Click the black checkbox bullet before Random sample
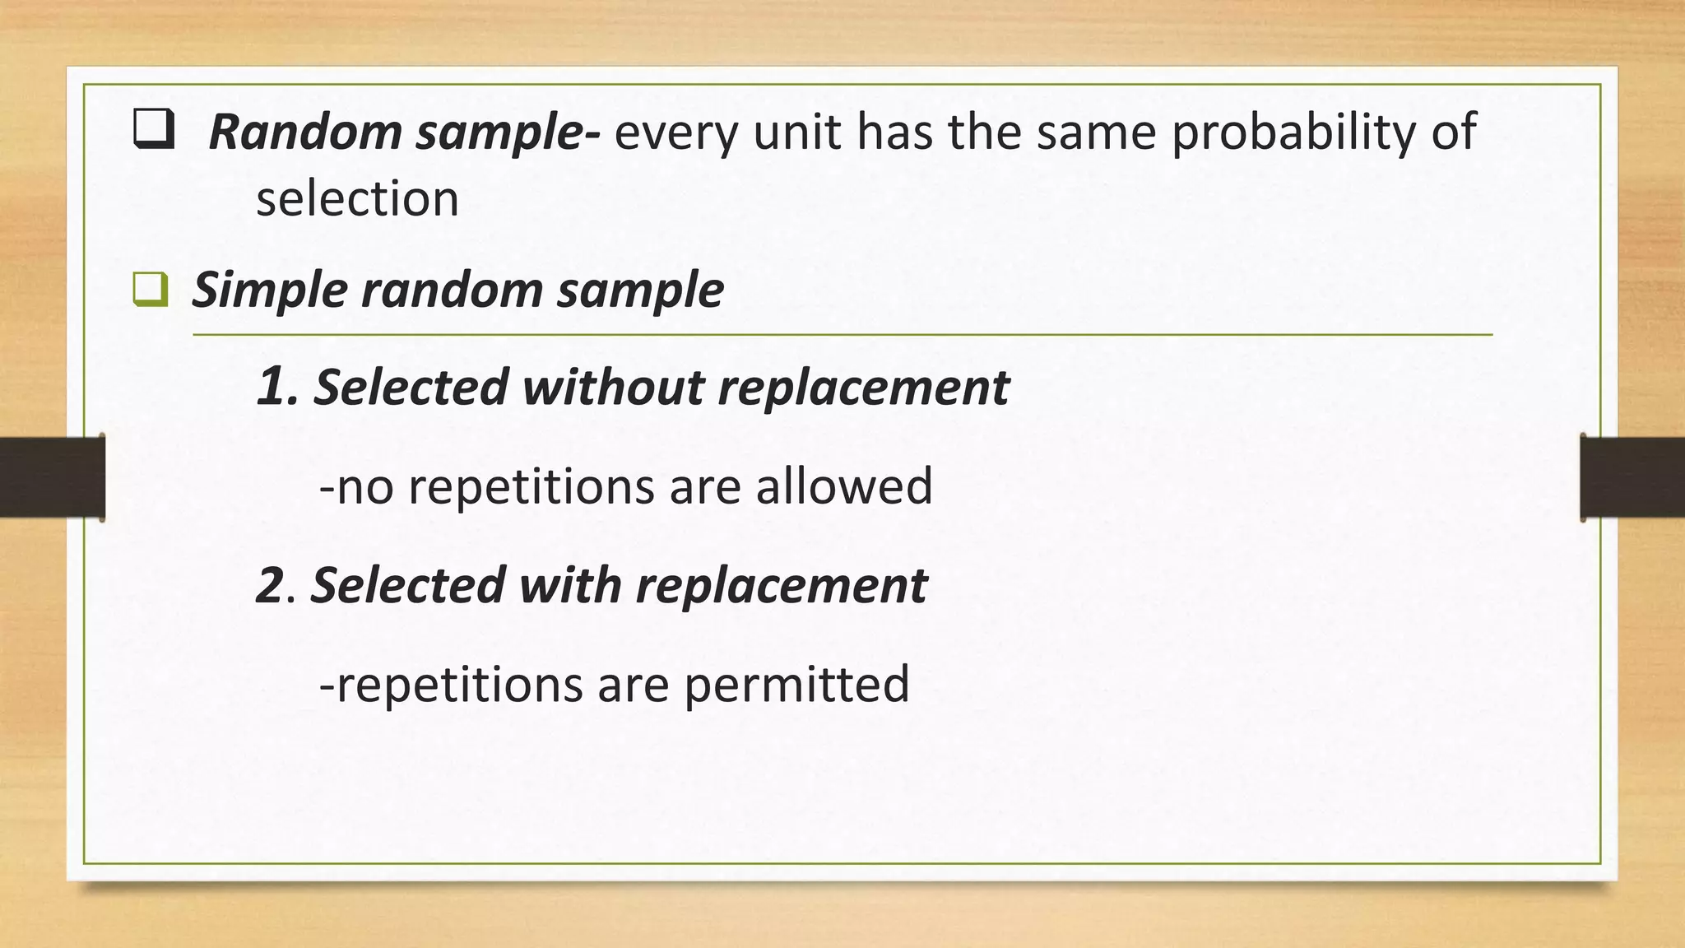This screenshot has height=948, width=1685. coord(154,131)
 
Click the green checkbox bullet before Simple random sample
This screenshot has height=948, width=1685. coord(151,290)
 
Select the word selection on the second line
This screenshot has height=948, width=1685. coord(357,199)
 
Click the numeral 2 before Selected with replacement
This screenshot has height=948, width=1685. coord(271,585)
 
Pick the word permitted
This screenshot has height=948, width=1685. coord(796,685)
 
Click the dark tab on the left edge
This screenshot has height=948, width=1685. coord(52,477)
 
